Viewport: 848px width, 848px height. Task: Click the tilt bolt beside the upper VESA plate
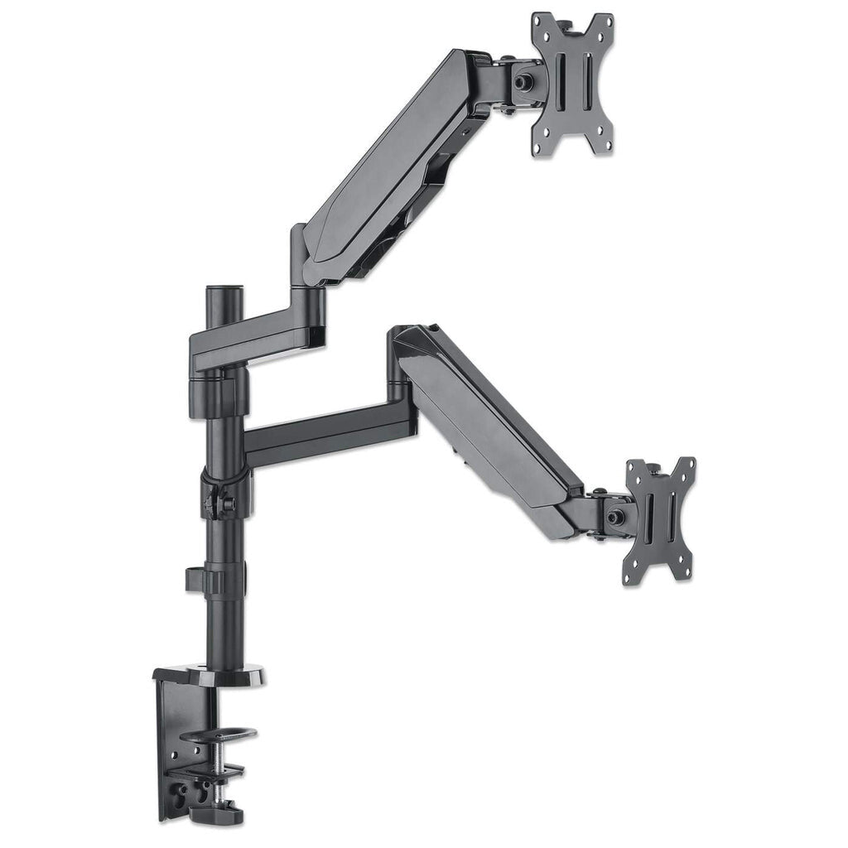coord(523,84)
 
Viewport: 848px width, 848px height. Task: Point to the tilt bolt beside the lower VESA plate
coord(614,516)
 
